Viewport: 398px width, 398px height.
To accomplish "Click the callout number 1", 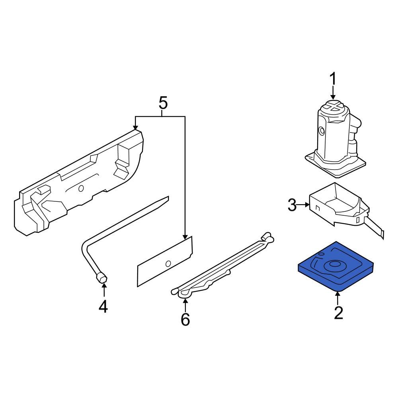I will click(x=332, y=80).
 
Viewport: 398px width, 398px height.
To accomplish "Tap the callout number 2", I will click(x=338, y=312).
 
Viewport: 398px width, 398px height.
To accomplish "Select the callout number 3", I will click(x=292, y=206).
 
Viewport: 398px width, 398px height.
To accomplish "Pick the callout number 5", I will click(x=163, y=103).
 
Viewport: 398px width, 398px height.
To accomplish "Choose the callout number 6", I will click(x=185, y=319).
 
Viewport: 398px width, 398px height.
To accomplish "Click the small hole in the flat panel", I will click(x=168, y=263).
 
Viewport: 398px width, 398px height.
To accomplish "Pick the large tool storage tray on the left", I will click(x=76, y=183).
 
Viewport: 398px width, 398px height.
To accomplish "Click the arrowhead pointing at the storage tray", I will click(x=135, y=128).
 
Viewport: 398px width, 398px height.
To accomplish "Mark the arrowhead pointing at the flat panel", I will click(x=185, y=237).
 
